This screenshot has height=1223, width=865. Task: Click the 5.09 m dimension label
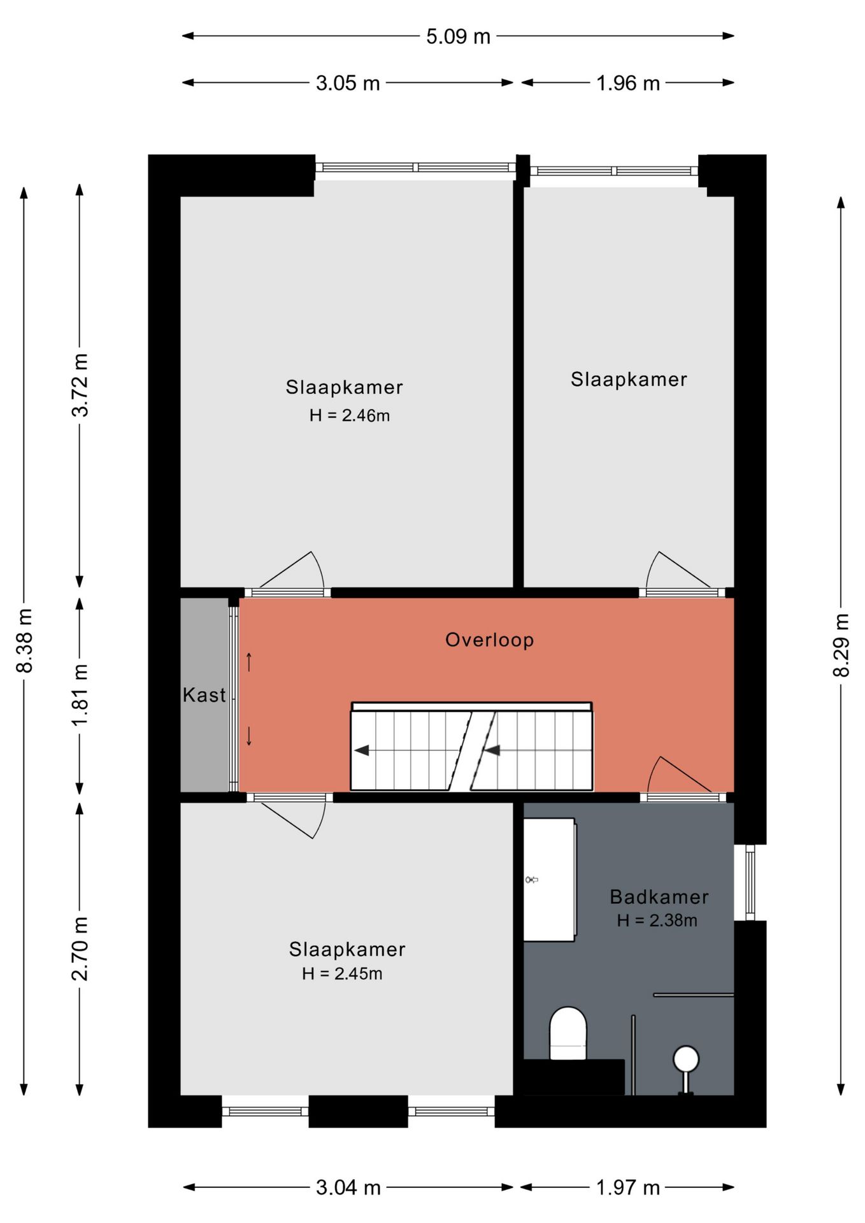click(458, 36)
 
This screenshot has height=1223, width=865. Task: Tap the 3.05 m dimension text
click(348, 83)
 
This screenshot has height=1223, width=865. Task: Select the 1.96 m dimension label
click(628, 83)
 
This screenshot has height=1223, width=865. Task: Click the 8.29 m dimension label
click(841, 645)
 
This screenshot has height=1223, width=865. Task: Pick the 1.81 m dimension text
click(80, 695)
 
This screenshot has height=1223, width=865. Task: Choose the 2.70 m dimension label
click(80, 948)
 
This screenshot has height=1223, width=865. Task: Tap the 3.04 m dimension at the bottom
click(348, 1187)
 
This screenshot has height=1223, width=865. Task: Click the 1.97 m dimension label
click(628, 1187)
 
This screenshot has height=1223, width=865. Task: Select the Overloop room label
click(489, 640)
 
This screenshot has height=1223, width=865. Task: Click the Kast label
click(204, 694)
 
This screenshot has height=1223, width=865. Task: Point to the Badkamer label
click(659, 897)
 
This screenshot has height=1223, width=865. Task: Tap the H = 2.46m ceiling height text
click(350, 415)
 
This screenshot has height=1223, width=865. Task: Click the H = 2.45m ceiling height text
click(342, 973)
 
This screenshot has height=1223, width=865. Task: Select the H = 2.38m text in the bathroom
click(657, 920)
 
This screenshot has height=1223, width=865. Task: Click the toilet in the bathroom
click(568, 1033)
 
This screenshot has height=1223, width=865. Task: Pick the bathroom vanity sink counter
click(550, 880)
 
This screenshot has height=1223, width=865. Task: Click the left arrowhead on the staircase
click(362, 750)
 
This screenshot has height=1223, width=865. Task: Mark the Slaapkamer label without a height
click(629, 380)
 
